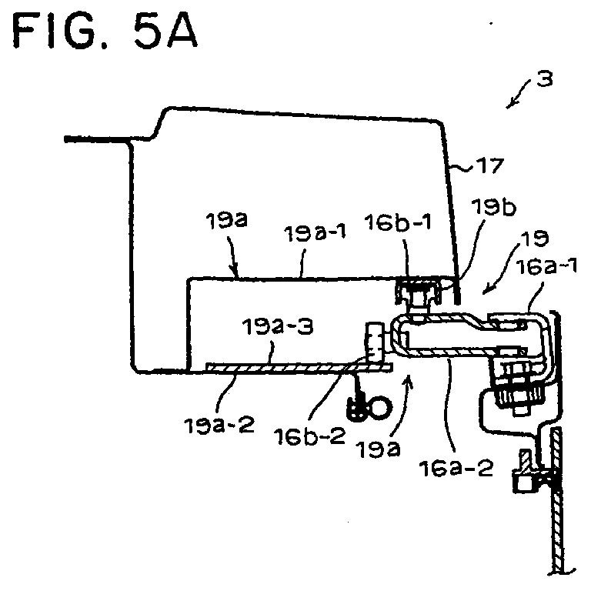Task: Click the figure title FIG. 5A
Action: (105, 31)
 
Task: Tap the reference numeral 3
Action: (545, 79)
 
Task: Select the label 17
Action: (489, 165)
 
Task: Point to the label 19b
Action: (493, 207)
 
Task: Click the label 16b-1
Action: (398, 222)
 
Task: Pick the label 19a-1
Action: (315, 234)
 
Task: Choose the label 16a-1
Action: (546, 267)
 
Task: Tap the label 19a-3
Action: (278, 326)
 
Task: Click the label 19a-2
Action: (219, 425)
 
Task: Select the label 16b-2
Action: (309, 436)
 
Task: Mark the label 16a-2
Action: (456, 468)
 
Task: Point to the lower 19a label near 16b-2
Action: (379, 449)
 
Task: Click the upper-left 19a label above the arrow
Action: (226, 220)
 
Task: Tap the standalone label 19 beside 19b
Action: (535, 239)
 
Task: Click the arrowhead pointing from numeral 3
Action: (510, 105)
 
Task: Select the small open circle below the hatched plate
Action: (381, 407)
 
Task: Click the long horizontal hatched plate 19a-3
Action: (299, 367)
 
